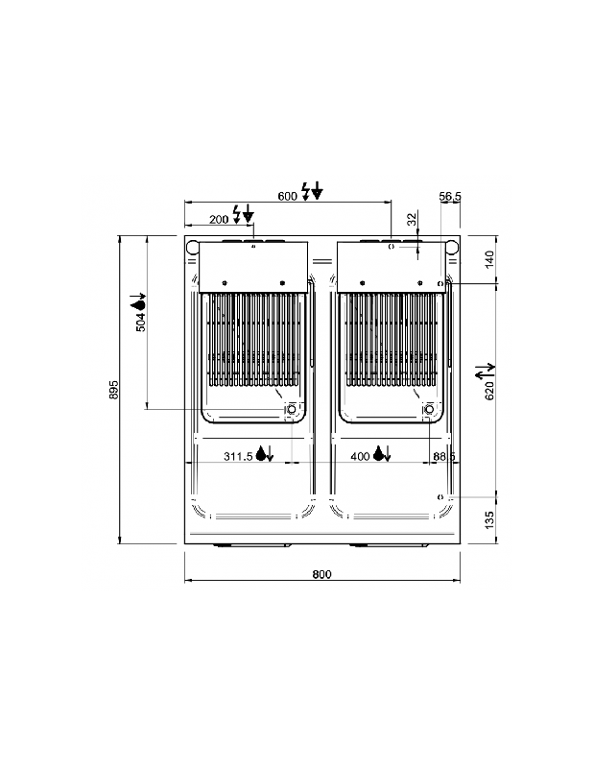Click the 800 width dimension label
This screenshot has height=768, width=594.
point(321,574)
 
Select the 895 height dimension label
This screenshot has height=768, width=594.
point(112,390)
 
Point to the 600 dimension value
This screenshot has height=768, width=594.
point(287,196)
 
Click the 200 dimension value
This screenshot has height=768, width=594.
point(220,219)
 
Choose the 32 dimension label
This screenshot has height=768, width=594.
point(412,219)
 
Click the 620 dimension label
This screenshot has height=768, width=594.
point(488,390)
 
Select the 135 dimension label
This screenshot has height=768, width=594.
point(488,520)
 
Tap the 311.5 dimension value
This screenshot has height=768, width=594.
point(238,457)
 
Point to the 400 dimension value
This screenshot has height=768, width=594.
point(360,457)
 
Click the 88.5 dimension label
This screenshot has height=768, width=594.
point(443,457)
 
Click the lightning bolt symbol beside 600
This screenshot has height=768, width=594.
point(307,190)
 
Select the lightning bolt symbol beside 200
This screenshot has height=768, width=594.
point(238,213)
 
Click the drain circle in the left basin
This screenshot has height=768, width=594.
point(290,411)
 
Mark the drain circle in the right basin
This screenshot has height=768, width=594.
point(429,411)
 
